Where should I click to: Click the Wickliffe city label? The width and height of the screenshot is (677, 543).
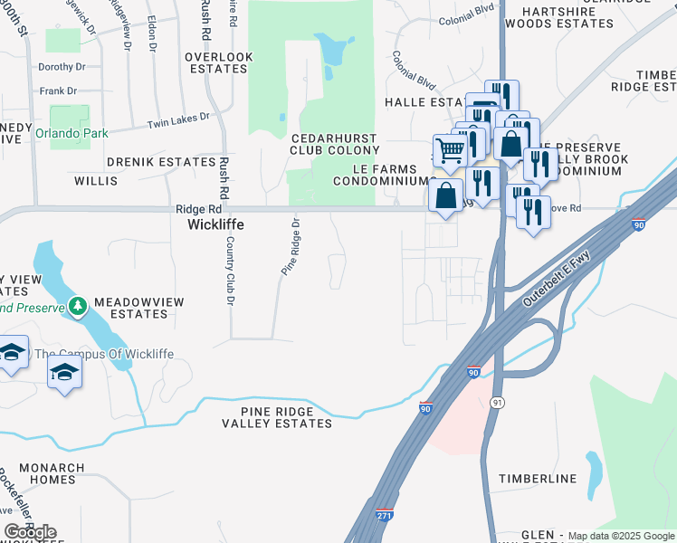pos(215,224)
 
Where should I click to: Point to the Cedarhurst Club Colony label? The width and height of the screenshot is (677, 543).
pos(334,143)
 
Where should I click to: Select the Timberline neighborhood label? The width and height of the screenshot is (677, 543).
pos(538,478)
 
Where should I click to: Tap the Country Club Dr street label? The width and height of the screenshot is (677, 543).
pos(231,271)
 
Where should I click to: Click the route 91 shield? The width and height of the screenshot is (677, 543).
pos(496,401)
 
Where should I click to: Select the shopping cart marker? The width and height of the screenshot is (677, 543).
pos(449,151)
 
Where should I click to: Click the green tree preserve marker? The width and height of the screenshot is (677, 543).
pos(77,306)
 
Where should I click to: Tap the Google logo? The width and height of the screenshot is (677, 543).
pos(30,532)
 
